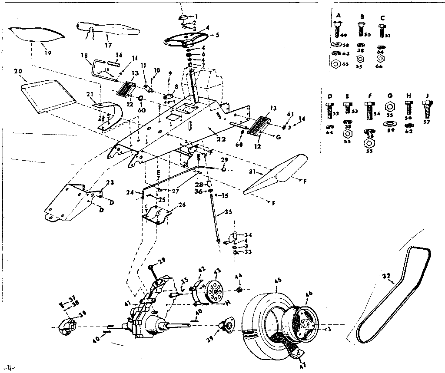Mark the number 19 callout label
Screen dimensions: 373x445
[x=48, y=53]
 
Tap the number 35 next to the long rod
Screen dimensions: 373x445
[x=229, y=213]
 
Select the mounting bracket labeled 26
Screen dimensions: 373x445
[x=157, y=216]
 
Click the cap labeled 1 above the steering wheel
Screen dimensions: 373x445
[x=183, y=17]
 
